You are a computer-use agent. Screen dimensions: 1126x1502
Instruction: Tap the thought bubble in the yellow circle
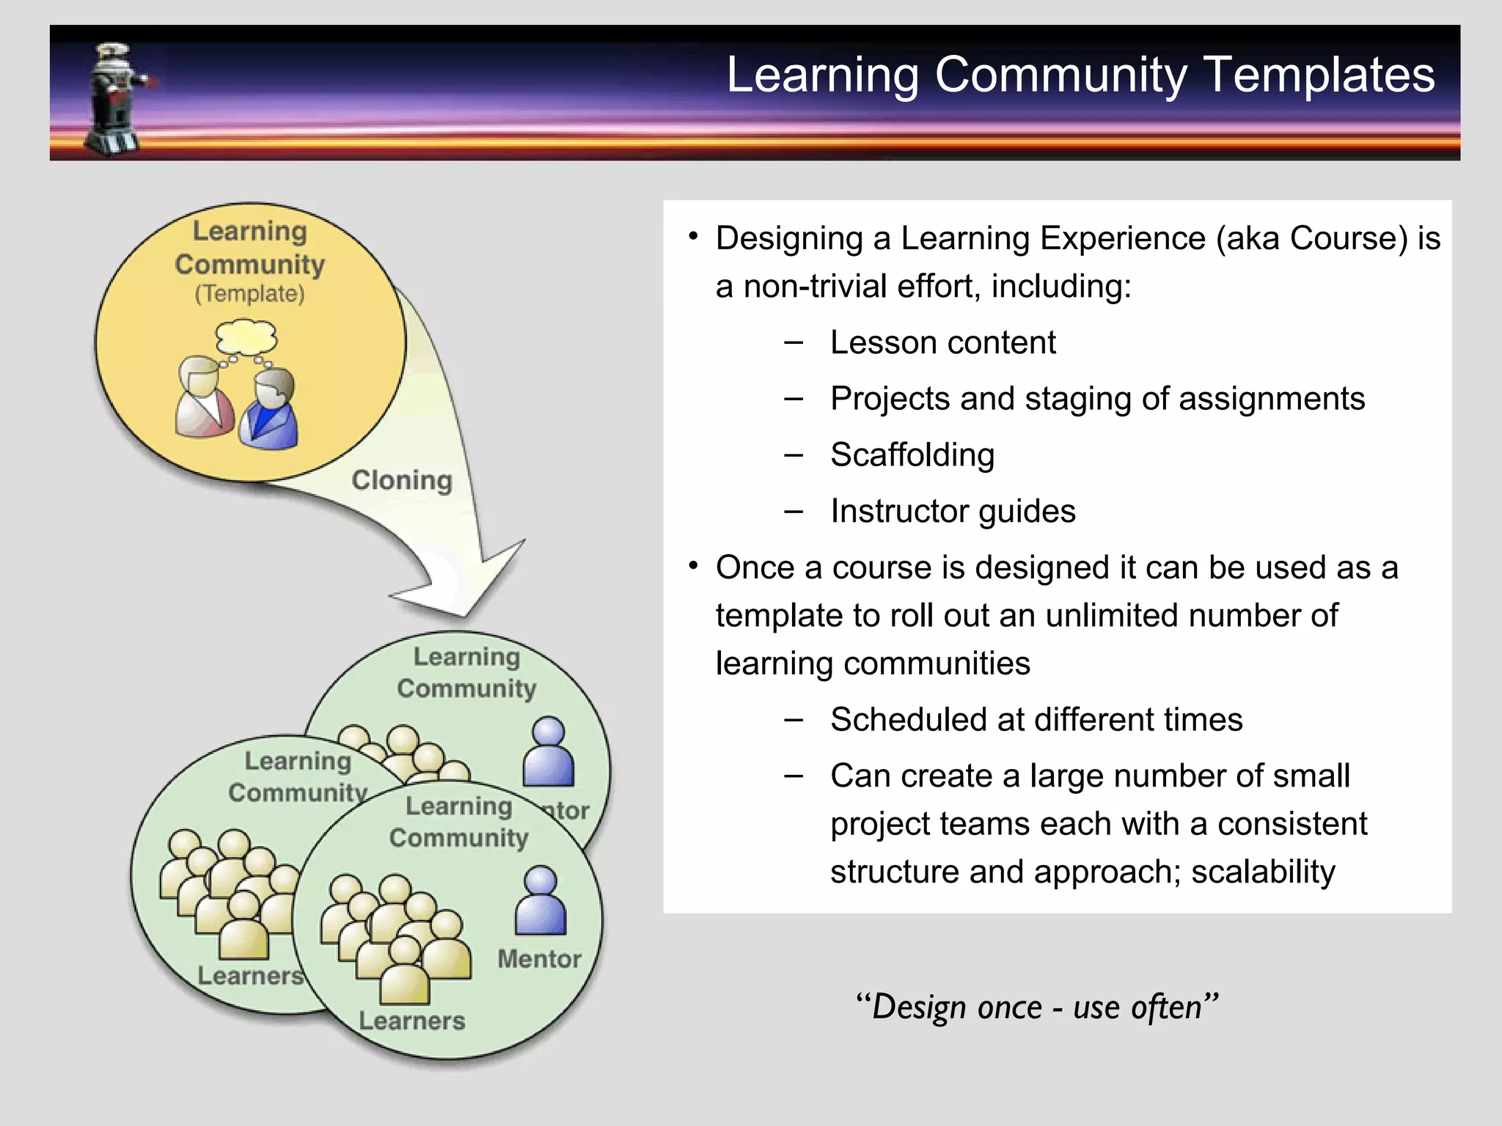pyautogui.click(x=246, y=338)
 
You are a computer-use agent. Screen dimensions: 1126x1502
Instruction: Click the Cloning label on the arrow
pyautogui.click(x=402, y=480)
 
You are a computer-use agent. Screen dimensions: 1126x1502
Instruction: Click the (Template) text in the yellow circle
pyautogui.click(x=249, y=294)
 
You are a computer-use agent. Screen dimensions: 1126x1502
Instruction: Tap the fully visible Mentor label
pyautogui.click(x=539, y=959)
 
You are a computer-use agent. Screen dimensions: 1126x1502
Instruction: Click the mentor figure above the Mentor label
pyautogui.click(x=541, y=901)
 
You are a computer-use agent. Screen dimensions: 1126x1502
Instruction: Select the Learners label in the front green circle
pyautogui.click(x=411, y=1020)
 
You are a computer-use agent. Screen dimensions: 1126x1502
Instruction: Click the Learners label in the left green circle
pyautogui.click(x=250, y=976)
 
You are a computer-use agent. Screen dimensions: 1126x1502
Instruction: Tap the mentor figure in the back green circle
pyautogui.click(x=548, y=752)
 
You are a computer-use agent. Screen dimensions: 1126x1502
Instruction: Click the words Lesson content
pyautogui.click(x=942, y=342)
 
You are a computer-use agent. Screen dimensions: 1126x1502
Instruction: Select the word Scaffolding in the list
pyautogui.click(x=912, y=455)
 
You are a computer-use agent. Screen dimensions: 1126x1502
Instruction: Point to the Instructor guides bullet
pyautogui.click(x=952, y=511)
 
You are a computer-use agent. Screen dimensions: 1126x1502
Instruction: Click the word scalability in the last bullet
pyautogui.click(x=1263, y=872)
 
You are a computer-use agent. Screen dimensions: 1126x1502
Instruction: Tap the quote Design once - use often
pyautogui.click(x=1037, y=1007)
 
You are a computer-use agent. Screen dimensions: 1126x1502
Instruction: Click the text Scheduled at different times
pyautogui.click(x=1036, y=719)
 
